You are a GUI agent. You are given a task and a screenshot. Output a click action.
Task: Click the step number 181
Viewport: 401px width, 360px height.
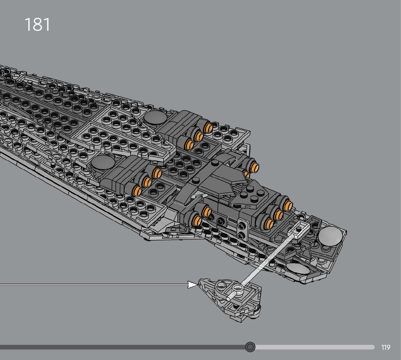[37, 25]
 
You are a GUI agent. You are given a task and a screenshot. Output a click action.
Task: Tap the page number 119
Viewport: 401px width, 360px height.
[386, 348]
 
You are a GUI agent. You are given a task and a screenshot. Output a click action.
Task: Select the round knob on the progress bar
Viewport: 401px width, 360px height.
[250, 347]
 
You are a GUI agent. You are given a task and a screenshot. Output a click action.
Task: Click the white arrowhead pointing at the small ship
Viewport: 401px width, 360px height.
[193, 285]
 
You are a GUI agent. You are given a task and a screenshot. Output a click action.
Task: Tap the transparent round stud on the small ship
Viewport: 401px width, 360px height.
[238, 289]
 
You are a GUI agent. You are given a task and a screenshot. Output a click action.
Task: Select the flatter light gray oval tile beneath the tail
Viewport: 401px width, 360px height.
[298, 269]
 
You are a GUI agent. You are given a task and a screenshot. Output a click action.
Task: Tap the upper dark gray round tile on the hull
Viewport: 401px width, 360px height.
[156, 118]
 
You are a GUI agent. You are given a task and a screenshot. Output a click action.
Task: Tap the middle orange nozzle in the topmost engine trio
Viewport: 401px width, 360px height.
[198, 136]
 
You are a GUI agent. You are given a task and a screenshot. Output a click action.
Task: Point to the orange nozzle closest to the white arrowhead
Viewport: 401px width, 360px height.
[197, 221]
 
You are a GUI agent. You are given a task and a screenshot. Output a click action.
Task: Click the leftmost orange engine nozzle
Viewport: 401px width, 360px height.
[136, 190]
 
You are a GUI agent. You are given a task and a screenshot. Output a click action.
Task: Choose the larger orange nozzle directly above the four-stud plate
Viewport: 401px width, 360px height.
[256, 167]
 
